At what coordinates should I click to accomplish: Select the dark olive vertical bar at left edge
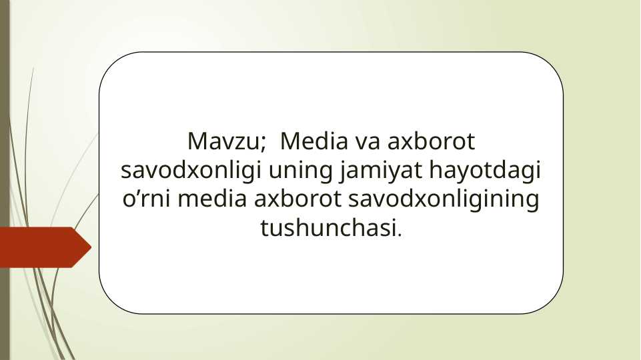pos(5,180)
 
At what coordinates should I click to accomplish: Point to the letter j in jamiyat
pos(344,172)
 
